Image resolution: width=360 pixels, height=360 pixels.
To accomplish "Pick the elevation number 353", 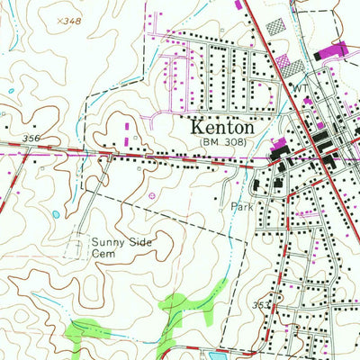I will [260, 306].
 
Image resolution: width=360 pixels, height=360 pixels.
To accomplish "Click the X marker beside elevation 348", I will [56, 19].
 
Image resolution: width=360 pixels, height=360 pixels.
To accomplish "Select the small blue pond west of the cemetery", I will [56, 215].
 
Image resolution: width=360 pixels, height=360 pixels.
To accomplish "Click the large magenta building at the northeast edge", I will [333, 51].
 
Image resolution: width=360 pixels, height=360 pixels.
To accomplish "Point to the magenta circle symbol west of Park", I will [150, 195].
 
